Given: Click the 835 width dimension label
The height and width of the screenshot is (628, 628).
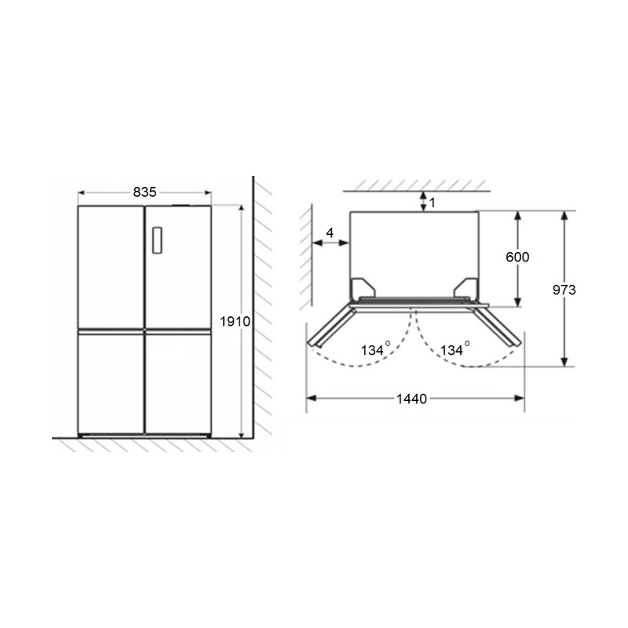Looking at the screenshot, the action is click(x=144, y=192).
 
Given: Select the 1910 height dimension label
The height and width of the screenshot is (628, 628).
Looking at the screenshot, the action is click(x=235, y=321).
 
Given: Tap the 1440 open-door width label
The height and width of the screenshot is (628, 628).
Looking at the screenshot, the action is click(x=411, y=399).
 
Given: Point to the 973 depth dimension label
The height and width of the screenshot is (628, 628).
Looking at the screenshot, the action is click(x=564, y=290).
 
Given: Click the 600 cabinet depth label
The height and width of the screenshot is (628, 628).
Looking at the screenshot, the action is click(x=517, y=257).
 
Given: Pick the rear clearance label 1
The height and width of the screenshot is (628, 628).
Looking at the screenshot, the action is click(x=433, y=203).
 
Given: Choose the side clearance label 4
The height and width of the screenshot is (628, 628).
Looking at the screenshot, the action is click(x=330, y=232).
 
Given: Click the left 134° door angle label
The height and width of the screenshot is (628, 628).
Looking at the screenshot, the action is click(x=375, y=349).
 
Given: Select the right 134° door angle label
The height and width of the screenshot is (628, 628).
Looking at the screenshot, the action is click(x=455, y=349).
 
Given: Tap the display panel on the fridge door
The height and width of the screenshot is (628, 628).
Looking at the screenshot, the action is click(x=158, y=240).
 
